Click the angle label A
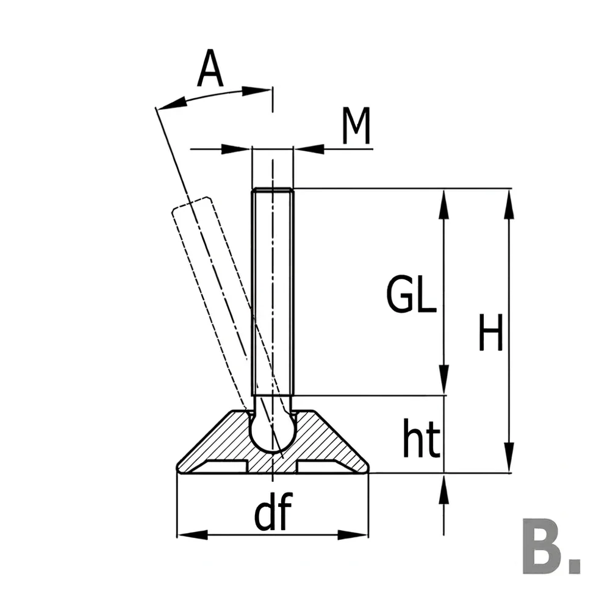[210, 68]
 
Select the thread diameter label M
[356, 126]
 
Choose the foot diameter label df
[273, 511]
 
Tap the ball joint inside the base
[272, 432]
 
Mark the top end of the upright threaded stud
[272, 189]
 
